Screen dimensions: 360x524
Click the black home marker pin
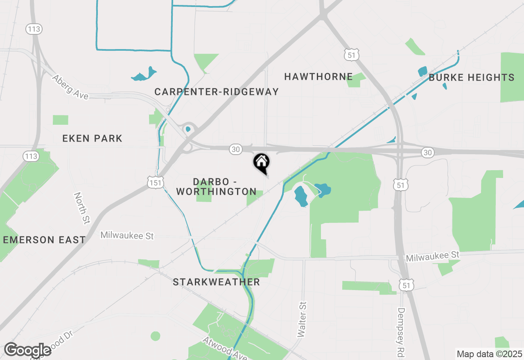click(261, 162)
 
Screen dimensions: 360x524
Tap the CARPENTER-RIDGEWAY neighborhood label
click(217, 92)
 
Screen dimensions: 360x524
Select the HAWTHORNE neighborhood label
click(318, 76)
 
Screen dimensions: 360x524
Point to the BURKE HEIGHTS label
click(471, 77)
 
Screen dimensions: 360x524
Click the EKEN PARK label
click(93, 138)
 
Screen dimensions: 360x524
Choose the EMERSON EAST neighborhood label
click(45, 240)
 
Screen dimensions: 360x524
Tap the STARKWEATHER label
click(216, 282)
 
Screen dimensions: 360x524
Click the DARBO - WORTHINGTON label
click(217, 186)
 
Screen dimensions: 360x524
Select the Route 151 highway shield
click(156, 182)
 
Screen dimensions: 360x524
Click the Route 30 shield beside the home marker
click(235, 150)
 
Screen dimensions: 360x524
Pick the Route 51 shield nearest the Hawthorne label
click(352, 54)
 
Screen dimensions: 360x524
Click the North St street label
click(82, 208)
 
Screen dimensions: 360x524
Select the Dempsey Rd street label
click(401, 331)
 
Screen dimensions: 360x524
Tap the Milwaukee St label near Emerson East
click(127, 235)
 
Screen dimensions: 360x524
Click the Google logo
click(27, 350)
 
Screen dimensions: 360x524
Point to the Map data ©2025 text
click(489, 354)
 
